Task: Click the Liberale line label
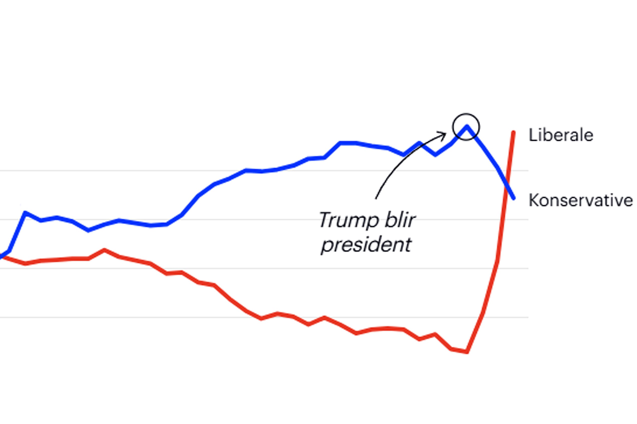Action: [561, 135]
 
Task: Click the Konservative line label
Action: [580, 200]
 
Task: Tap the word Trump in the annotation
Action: [349, 220]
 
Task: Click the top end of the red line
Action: [513, 132]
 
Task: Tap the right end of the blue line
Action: [514, 198]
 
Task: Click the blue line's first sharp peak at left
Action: [25, 213]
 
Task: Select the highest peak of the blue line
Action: [466, 126]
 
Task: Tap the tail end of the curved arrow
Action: [376, 198]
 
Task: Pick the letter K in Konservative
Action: [533, 200]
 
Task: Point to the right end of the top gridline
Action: [528, 171]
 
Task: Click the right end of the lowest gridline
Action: [528, 317]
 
